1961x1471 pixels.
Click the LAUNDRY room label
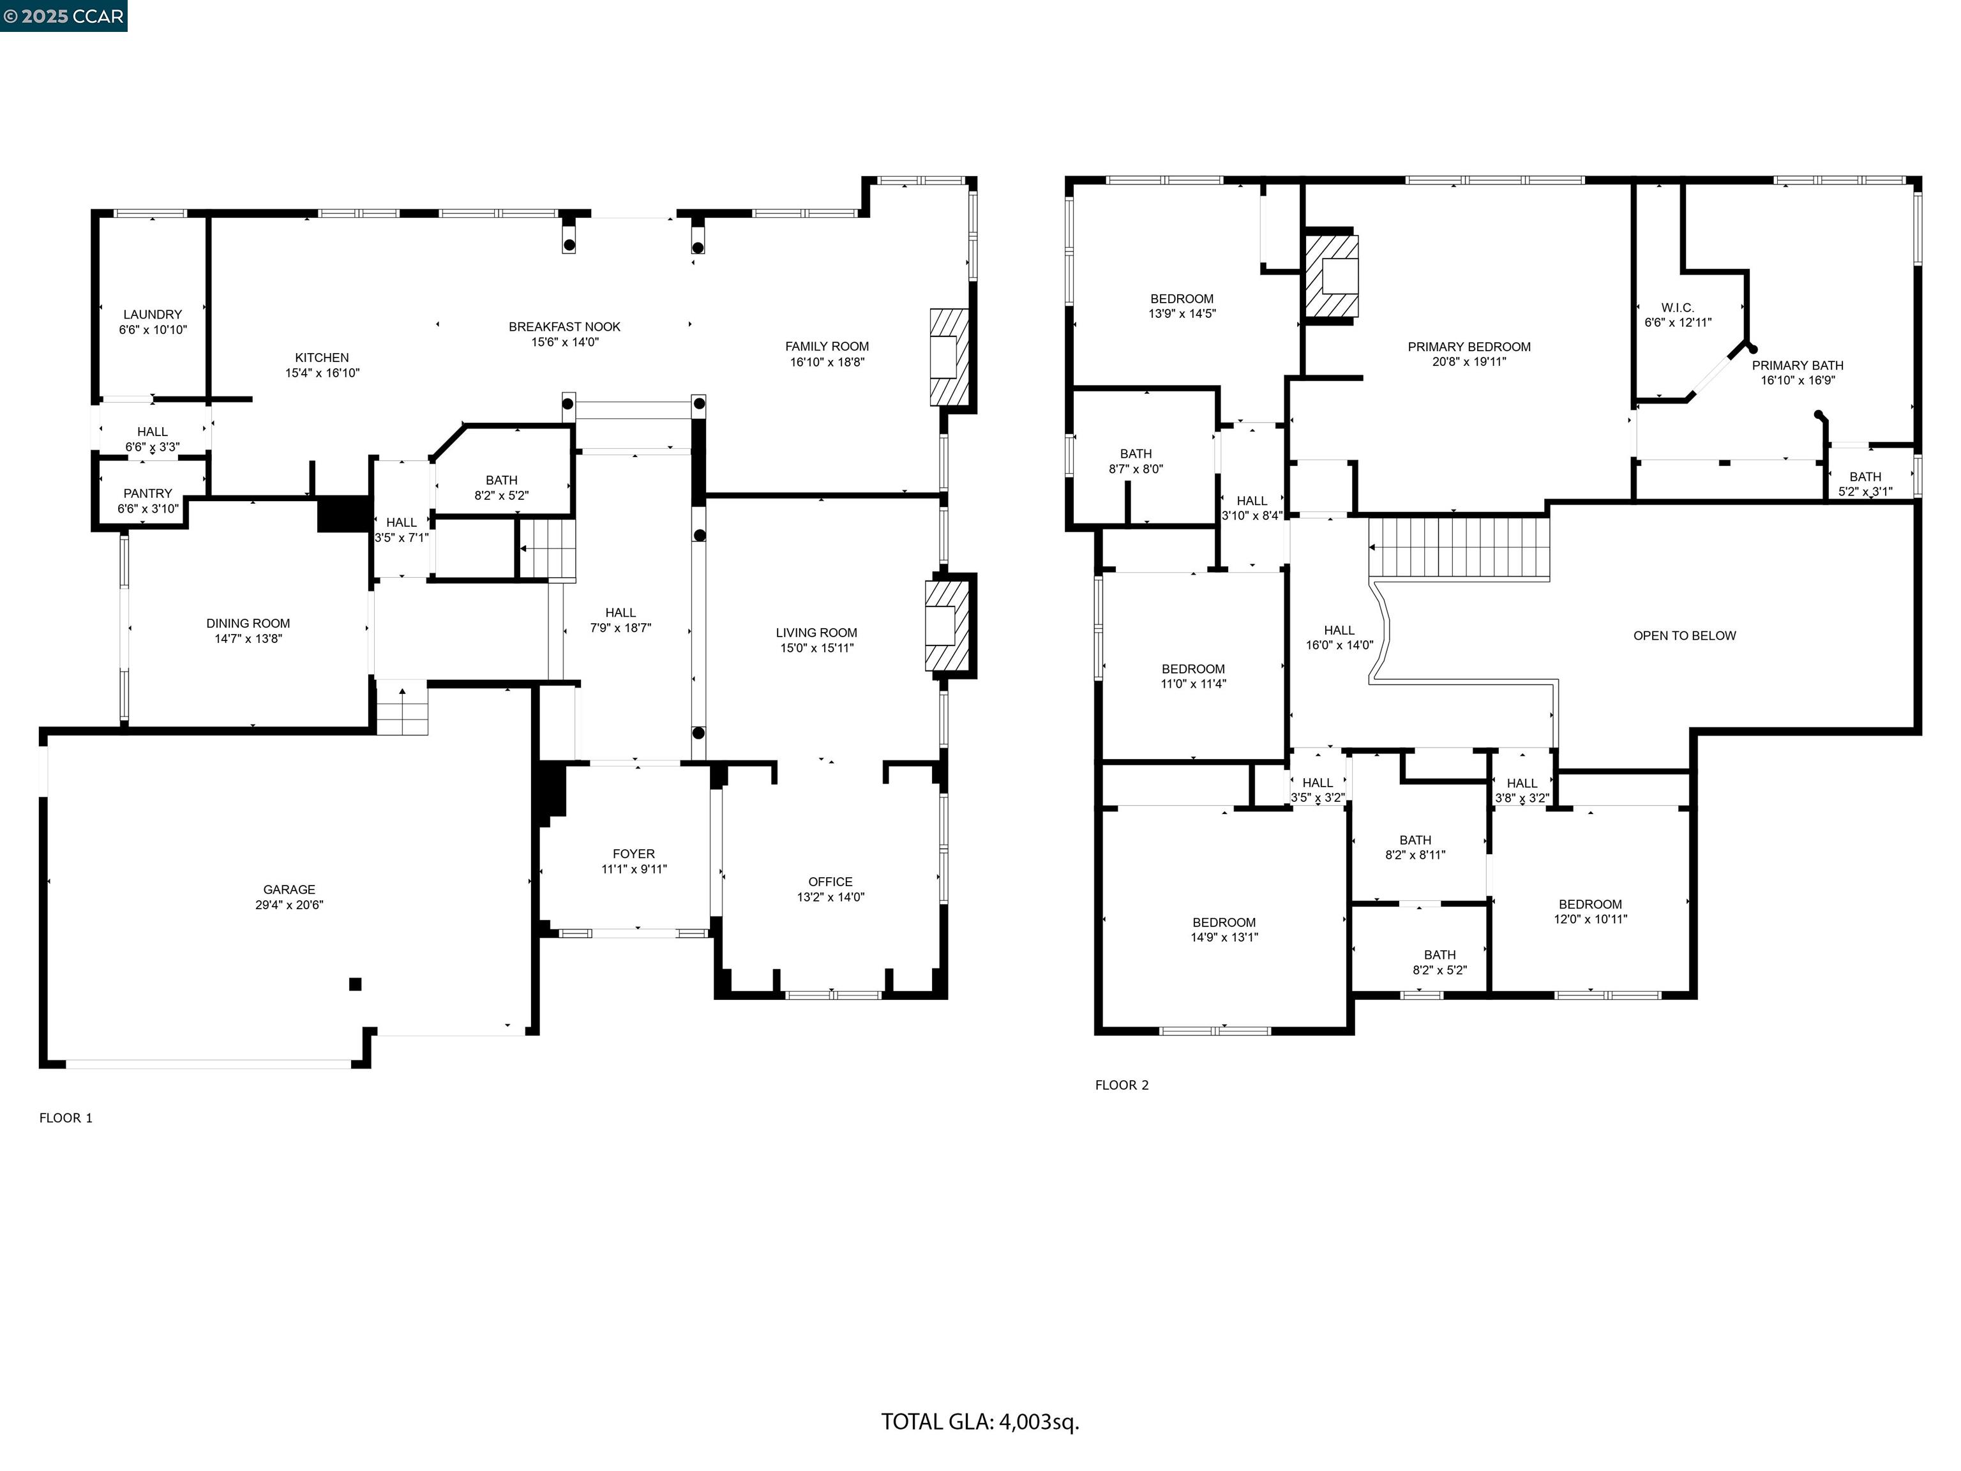pyautogui.click(x=153, y=315)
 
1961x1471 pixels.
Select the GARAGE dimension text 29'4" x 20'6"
pyautogui.click(x=289, y=905)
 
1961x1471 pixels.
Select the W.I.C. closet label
pyautogui.click(x=1678, y=308)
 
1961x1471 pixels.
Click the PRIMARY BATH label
pyautogui.click(x=1797, y=365)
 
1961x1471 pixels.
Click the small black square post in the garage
pyautogui.click(x=356, y=983)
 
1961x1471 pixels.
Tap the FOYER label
pyautogui.click(x=634, y=854)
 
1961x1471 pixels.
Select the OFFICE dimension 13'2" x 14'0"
pyautogui.click(x=830, y=897)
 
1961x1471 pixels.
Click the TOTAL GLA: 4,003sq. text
pyautogui.click(x=980, y=1421)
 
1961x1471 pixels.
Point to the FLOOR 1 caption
pyautogui.click(x=66, y=1118)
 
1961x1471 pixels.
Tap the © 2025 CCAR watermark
pyautogui.click(x=63, y=16)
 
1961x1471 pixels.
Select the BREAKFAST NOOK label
pyautogui.click(x=565, y=327)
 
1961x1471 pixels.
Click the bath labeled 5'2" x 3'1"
pyautogui.click(x=1865, y=484)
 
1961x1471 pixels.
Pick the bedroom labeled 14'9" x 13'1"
pyautogui.click(x=1224, y=929)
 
